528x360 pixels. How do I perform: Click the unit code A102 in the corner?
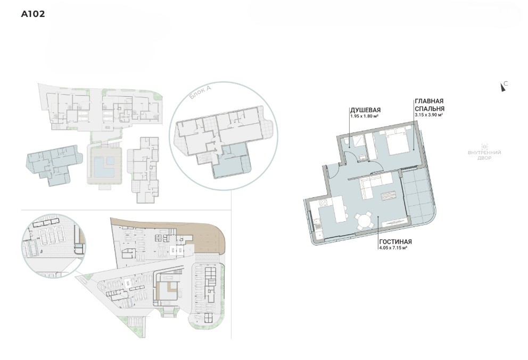pos(32,14)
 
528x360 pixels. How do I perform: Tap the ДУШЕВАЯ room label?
pos(365,111)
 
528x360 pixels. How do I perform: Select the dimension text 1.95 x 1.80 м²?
pos(365,116)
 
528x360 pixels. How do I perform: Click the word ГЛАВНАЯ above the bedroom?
pos(429,101)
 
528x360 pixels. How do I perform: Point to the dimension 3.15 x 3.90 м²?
pos(428,115)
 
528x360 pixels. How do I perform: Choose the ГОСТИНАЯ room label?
pos(395,242)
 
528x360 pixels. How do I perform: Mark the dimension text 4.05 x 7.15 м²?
pos(394,248)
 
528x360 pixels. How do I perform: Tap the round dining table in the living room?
pos(365,221)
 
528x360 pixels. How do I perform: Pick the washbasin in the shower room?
pos(362,156)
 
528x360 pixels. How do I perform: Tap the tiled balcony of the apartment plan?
pos(417,197)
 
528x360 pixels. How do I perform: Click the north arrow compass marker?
pos(503,87)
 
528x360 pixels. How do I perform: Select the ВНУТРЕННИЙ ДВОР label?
pos(484,155)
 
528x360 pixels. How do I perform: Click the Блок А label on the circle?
pos(200,92)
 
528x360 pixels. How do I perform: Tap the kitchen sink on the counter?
pos(317,222)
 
